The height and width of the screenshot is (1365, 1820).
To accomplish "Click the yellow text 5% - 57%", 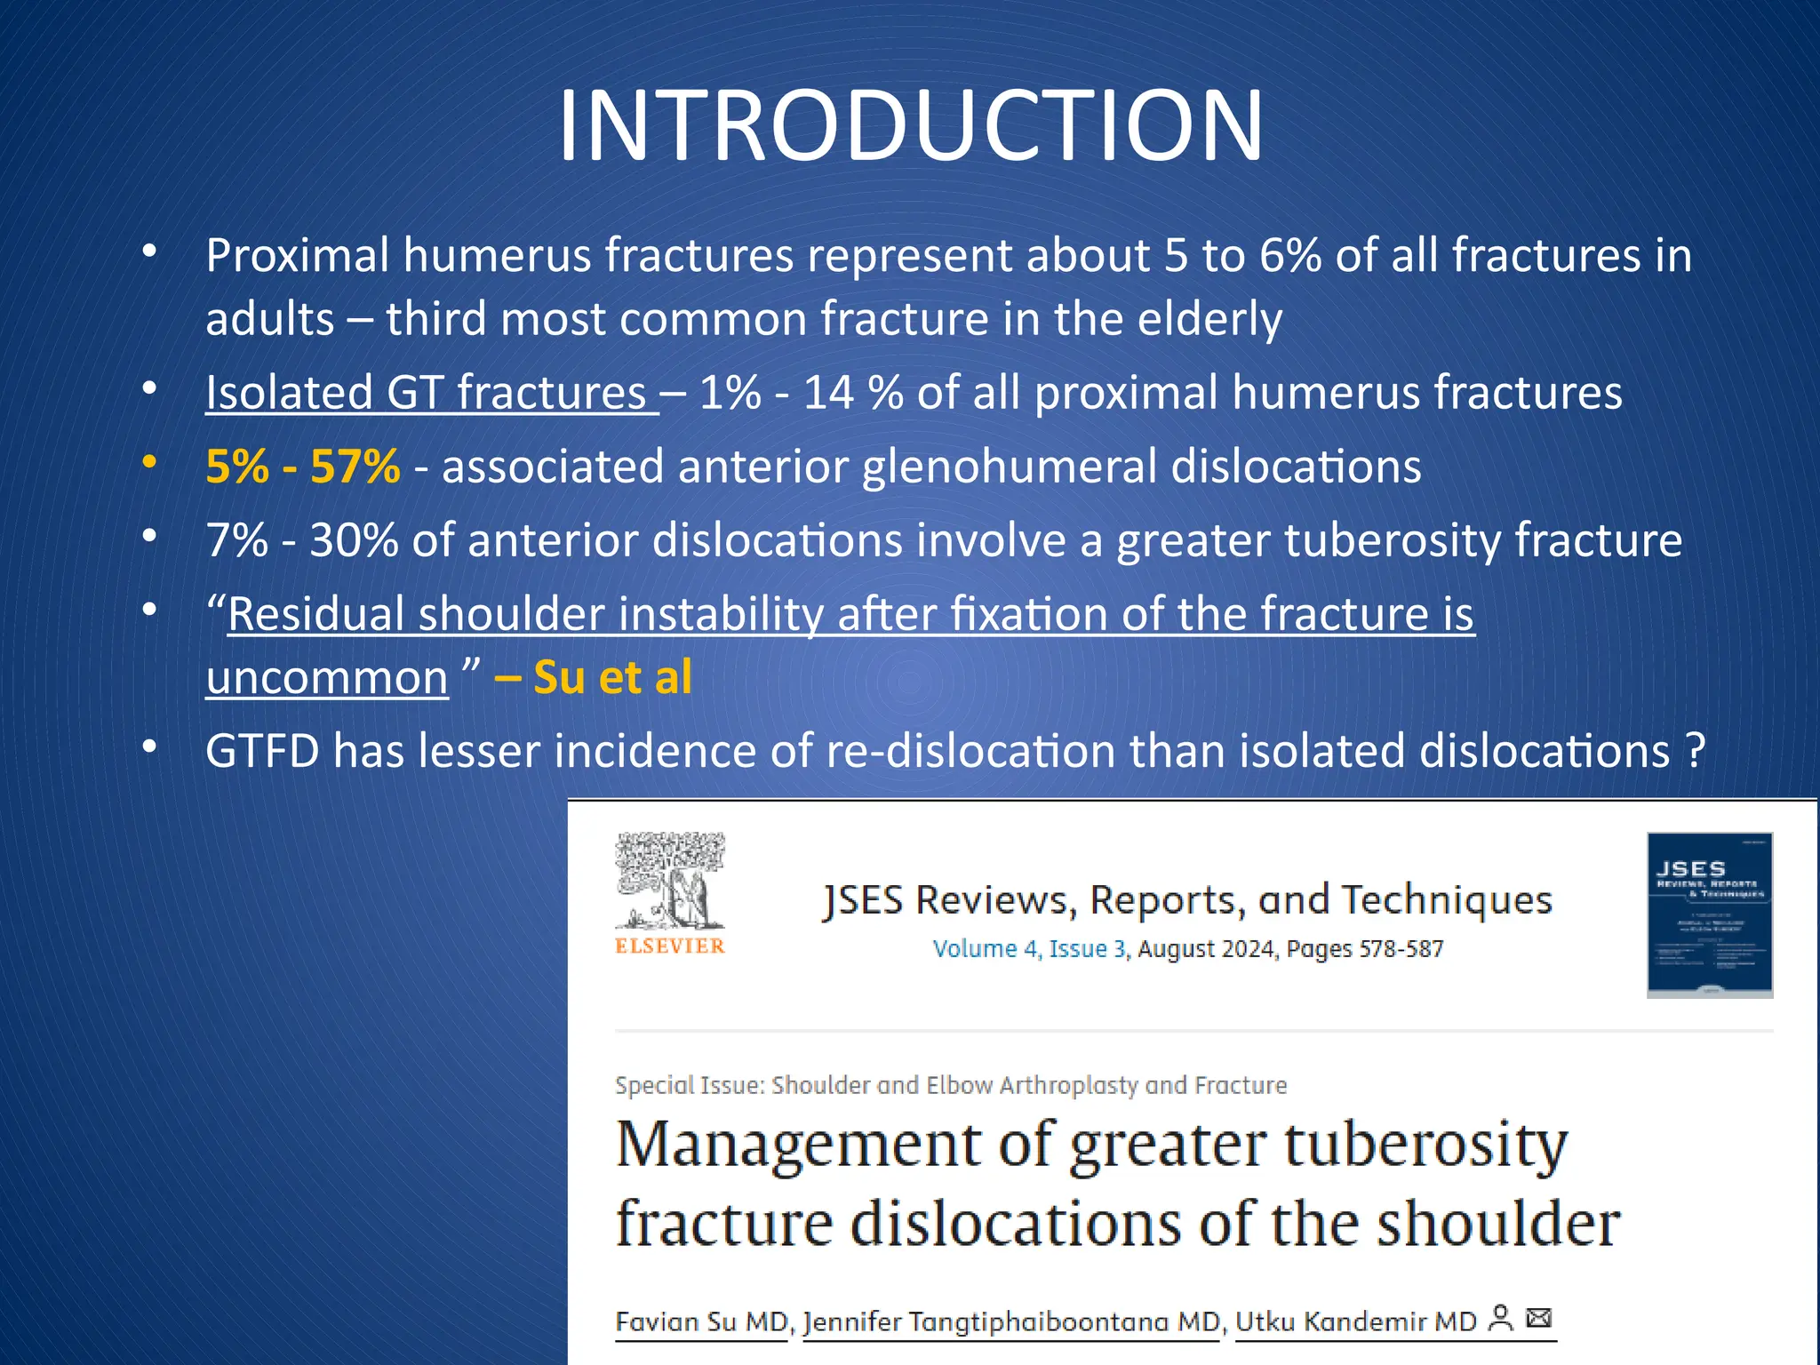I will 302,466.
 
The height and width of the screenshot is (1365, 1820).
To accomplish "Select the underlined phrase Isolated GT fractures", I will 427,392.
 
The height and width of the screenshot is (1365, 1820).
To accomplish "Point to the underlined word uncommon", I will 327,677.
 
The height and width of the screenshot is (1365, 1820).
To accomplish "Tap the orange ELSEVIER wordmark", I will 670,946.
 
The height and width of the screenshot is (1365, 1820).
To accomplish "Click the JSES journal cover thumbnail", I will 1709,914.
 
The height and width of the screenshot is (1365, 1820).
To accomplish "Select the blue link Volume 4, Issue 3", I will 1030,949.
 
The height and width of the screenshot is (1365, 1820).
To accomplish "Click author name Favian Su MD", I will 701,1321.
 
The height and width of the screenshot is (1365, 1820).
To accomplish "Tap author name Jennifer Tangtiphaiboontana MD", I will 1011,1321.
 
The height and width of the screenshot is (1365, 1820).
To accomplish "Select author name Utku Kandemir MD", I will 1355,1321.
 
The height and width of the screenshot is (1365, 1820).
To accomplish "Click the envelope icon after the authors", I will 1538,1317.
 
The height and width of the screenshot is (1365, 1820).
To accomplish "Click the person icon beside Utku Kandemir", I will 1501,1317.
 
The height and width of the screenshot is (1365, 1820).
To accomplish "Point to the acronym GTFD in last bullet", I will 262,751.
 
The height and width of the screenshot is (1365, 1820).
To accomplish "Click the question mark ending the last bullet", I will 1695,751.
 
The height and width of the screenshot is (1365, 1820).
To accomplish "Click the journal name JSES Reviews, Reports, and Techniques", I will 1187,899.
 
